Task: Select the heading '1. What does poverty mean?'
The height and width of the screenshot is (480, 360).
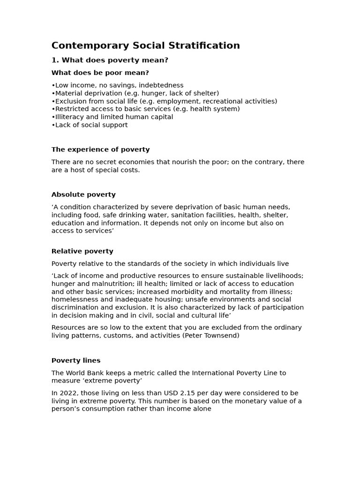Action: tap(110, 60)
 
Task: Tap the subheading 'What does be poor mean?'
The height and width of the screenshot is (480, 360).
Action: tap(100, 73)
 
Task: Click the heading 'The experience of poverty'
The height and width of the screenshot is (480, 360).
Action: tap(100, 150)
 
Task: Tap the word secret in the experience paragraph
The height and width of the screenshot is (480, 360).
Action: tap(105, 162)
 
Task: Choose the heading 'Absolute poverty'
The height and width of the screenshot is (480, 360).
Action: tap(83, 195)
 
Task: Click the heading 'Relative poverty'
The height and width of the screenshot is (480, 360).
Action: tap(82, 251)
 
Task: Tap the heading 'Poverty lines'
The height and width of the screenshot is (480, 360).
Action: tap(75, 360)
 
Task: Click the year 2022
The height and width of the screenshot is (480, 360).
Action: tap(67, 393)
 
